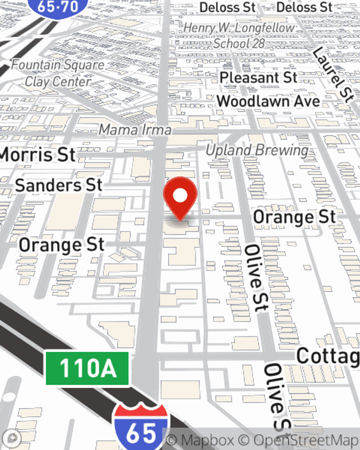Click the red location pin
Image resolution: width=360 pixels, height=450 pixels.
[x=180, y=197]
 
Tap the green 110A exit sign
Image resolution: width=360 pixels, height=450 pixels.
[x=87, y=368]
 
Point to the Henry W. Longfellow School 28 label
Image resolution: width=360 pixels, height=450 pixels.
[x=239, y=36]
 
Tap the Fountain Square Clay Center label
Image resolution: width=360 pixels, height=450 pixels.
[x=58, y=73]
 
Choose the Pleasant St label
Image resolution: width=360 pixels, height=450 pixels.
[x=258, y=78]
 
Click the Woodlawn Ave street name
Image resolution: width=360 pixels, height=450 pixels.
[x=268, y=102]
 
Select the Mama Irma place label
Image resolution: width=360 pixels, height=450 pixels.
[x=135, y=130]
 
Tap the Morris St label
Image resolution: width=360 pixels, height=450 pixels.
[x=37, y=155]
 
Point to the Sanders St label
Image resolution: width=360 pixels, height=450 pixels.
[x=59, y=185]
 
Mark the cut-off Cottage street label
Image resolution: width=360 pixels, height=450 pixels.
[x=328, y=356]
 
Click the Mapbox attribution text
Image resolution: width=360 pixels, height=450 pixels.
[x=200, y=440]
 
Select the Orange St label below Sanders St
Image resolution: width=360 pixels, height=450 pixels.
[x=62, y=245]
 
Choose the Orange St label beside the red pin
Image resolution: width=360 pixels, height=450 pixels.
[x=294, y=217]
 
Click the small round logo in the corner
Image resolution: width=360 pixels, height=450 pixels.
[x=13, y=438]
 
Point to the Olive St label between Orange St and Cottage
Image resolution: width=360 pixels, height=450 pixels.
[x=257, y=278]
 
